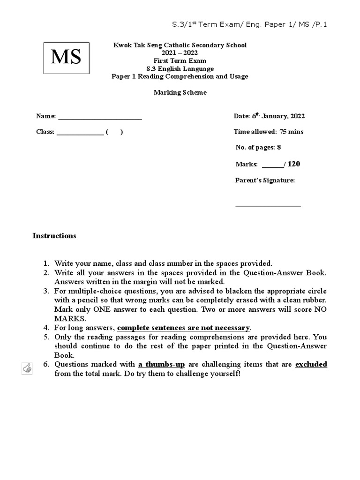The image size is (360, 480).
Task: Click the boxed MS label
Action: pyautogui.click(x=66, y=58)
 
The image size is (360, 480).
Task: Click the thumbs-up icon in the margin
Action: pyautogui.click(x=27, y=368)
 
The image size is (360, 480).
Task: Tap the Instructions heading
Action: pyautogui.click(x=54, y=236)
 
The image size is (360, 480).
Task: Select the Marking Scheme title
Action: pyautogui.click(x=180, y=92)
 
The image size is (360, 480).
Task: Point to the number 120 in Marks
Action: pyautogui.click(x=293, y=164)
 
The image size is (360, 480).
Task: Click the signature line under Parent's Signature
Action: pyautogui.click(x=268, y=205)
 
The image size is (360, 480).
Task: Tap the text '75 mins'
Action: pyautogui.click(x=292, y=132)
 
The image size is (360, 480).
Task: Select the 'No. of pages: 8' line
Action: pyautogui.click(x=258, y=148)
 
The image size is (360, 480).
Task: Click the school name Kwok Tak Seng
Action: pyautogui.click(x=180, y=45)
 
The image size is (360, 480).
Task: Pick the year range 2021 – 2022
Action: pyautogui.click(x=180, y=53)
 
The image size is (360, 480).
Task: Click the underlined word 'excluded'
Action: pyautogui.click(x=311, y=365)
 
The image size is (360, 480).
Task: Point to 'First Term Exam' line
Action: pyautogui.click(x=180, y=61)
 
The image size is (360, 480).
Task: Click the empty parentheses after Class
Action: pyautogui.click(x=115, y=132)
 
